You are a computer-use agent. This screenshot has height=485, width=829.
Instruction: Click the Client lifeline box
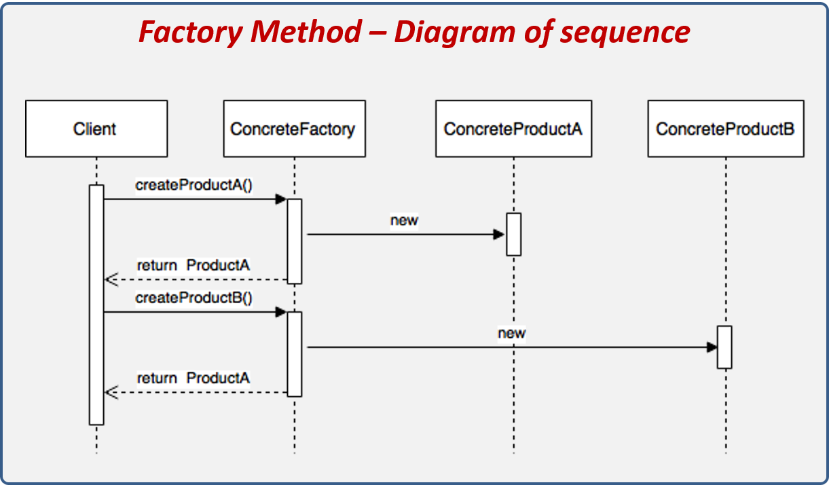click(96, 129)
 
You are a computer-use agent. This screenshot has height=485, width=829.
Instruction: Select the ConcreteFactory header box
click(294, 129)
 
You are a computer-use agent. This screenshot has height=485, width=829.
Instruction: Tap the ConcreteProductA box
click(513, 129)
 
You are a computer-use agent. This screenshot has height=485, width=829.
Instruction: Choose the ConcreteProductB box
click(725, 129)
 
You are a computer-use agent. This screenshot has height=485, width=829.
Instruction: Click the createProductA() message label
click(194, 185)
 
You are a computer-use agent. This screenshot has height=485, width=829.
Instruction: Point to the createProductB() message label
click(194, 298)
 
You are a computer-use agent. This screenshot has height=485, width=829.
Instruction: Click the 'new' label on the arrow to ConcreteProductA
click(404, 220)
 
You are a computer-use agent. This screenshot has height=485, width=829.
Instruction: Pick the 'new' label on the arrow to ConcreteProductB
click(511, 333)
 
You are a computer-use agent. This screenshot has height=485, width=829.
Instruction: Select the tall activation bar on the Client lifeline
click(96, 305)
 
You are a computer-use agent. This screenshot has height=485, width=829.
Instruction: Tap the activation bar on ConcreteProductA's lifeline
click(513, 235)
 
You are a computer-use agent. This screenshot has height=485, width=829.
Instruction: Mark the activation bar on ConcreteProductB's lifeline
click(725, 347)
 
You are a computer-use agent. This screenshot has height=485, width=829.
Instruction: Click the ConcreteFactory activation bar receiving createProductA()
click(294, 241)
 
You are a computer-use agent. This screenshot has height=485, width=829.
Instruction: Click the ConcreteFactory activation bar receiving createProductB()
click(294, 354)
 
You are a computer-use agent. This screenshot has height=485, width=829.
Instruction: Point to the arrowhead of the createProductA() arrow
click(280, 199)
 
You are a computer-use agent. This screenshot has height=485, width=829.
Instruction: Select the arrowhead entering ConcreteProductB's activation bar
click(712, 347)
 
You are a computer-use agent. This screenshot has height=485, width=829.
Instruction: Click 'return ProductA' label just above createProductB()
click(194, 265)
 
